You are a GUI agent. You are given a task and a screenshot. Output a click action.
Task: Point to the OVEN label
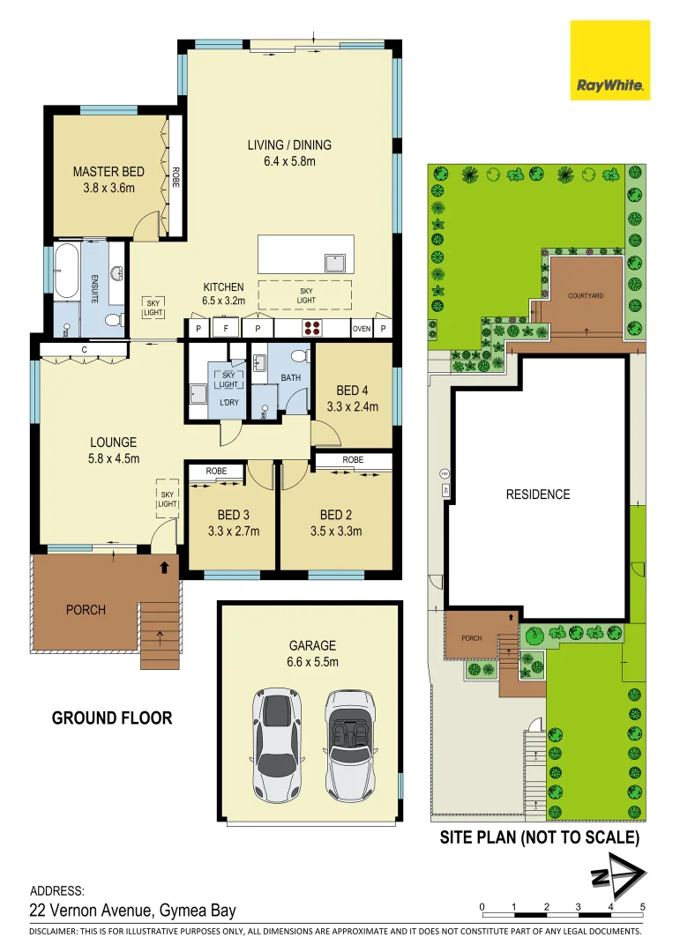point(362,329)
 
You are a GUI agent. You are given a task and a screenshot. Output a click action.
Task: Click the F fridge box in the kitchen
point(226,329)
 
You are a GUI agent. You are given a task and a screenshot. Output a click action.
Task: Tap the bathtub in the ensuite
point(67,271)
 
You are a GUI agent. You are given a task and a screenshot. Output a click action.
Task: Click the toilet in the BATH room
point(299,357)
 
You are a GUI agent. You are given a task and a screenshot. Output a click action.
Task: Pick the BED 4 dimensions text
point(353,407)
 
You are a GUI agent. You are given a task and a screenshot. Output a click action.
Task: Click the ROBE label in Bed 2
point(353,460)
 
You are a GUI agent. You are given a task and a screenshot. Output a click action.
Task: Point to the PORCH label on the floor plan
point(86,610)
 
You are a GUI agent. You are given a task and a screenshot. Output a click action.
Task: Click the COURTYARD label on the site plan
point(586,296)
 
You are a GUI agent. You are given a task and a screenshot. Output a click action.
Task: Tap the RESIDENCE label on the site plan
point(538,495)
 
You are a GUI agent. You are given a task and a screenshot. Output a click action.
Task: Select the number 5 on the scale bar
point(643,907)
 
